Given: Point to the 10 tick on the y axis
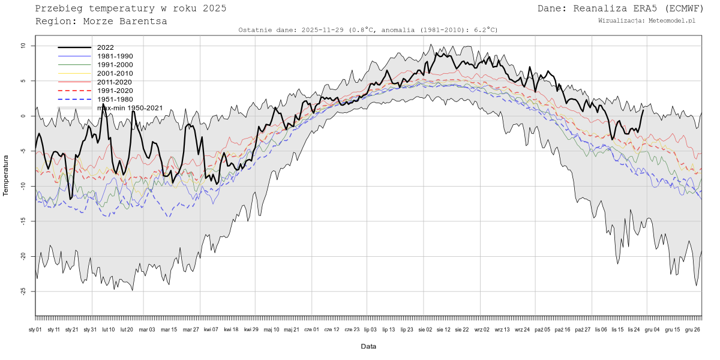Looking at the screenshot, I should click(x=22, y=46).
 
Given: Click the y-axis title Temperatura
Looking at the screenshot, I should click(x=7, y=175).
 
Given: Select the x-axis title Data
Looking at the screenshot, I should click(x=368, y=346).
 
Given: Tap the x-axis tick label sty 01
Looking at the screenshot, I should click(x=35, y=329).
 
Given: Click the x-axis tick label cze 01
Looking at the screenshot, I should click(x=312, y=329).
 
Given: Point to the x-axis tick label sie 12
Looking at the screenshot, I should click(x=443, y=329).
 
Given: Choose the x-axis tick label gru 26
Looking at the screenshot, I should click(x=692, y=329).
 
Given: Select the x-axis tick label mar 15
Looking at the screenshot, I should click(x=169, y=329).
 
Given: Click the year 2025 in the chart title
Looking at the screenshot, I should click(x=214, y=8).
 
